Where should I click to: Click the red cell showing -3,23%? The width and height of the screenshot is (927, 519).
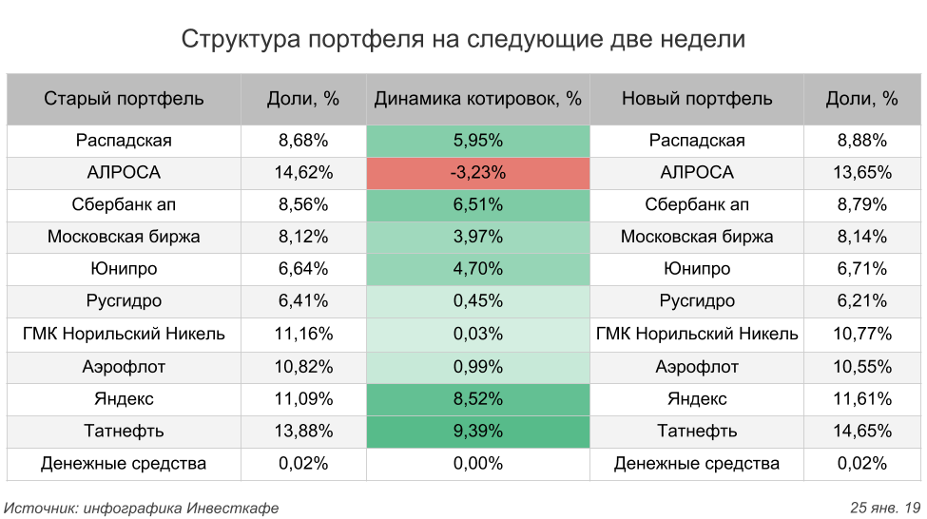[x=477, y=173]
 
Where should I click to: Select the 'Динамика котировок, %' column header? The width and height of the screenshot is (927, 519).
[x=477, y=99]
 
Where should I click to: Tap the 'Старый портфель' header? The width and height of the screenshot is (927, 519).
[x=124, y=99]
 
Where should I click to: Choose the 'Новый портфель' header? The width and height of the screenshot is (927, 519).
[x=697, y=99]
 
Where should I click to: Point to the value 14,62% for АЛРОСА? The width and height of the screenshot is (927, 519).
[x=303, y=173]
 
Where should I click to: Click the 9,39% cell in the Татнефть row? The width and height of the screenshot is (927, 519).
[x=477, y=431]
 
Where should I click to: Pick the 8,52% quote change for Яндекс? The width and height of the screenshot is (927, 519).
[x=477, y=398]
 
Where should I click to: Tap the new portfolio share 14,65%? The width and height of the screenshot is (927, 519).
[x=862, y=431]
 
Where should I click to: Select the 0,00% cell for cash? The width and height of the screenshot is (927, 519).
[x=477, y=463]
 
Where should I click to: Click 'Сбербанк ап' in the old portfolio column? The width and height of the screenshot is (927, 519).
[x=124, y=204]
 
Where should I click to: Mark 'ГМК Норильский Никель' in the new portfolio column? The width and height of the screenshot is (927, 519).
[x=697, y=334]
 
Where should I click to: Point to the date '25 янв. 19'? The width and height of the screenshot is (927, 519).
[x=885, y=508]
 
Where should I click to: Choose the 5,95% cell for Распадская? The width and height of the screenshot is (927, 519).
[x=477, y=141]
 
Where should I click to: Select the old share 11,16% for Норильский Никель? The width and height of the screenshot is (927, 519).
[x=303, y=334]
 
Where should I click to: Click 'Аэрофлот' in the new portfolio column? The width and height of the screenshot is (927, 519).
[x=697, y=366]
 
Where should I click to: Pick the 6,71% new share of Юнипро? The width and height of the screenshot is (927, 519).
[x=862, y=269]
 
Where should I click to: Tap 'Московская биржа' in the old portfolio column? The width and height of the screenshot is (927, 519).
[x=124, y=237]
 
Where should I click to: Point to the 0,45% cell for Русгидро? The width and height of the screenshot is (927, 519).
[x=477, y=301]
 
